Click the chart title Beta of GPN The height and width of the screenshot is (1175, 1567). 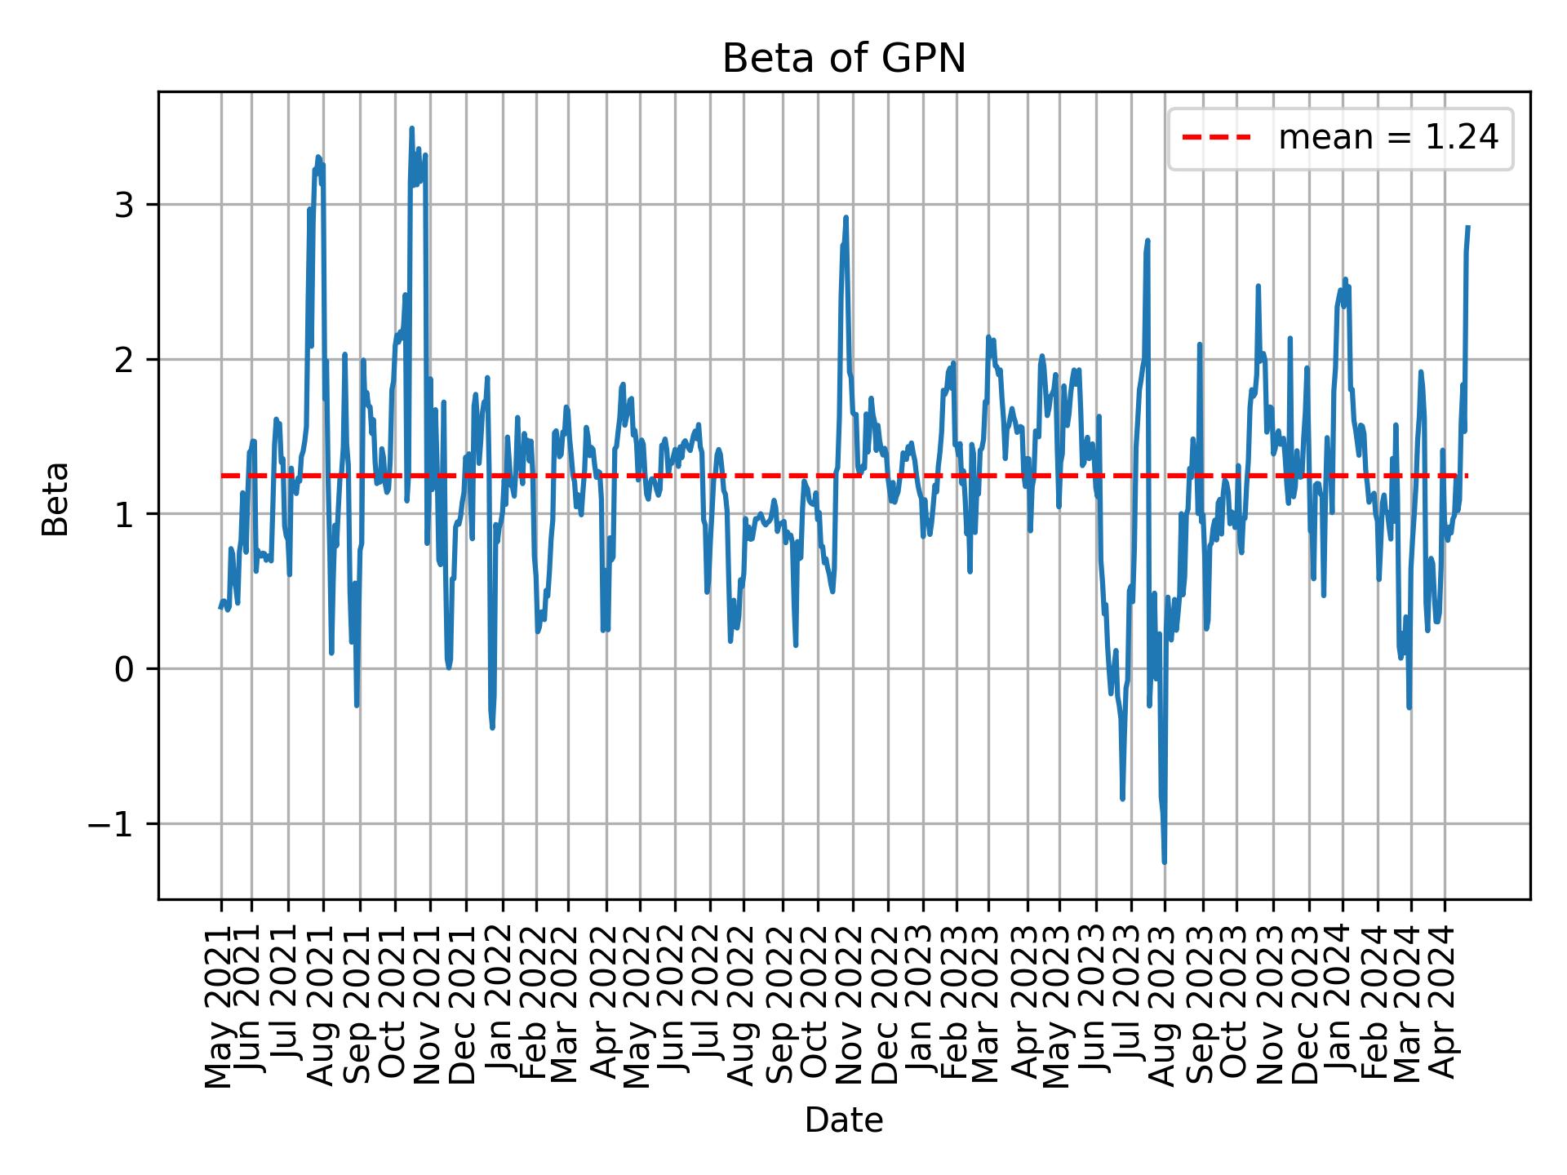click(844, 59)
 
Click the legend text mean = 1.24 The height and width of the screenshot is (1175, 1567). click(1388, 138)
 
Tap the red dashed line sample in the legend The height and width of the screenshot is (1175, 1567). click(1217, 138)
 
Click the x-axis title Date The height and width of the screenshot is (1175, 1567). click(844, 1120)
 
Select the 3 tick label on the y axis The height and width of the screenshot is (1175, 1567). click(124, 205)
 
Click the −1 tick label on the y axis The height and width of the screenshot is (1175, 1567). click(112, 824)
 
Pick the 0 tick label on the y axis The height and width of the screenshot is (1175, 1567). click(124, 669)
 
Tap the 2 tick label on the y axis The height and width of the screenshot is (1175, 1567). click(124, 360)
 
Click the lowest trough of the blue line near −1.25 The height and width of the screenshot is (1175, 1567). click(1164, 862)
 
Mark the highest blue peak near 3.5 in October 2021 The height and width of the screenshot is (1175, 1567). click(411, 128)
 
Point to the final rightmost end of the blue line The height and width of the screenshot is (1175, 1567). click(1468, 226)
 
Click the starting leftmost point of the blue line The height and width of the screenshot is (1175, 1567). click(220, 608)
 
